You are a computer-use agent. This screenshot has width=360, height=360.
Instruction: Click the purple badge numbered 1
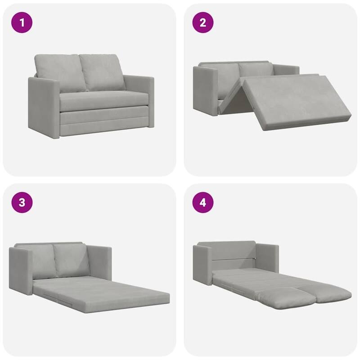(22, 23)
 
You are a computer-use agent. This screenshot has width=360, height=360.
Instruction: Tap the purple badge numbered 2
(202, 23)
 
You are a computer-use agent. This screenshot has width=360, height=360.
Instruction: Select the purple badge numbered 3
(22, 203)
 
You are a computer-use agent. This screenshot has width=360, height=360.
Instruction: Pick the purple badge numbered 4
(202, 203)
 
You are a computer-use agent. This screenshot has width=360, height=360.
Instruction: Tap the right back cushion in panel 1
(101, 72)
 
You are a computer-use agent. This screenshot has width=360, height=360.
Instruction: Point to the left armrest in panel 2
(205, 90)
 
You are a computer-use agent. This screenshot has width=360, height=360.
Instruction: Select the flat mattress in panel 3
(103, 295)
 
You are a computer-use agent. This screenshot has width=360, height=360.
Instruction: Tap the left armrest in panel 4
(202, 265)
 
